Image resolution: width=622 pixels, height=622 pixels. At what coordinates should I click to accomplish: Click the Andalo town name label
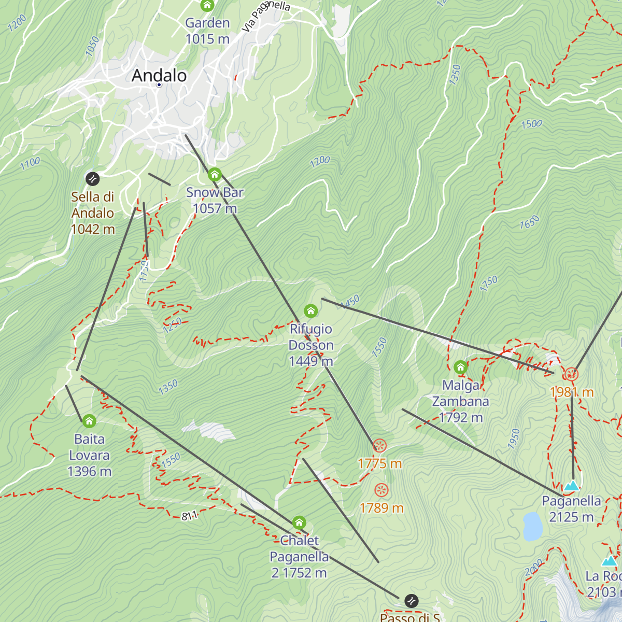pyautogui.click(x=159, y=76)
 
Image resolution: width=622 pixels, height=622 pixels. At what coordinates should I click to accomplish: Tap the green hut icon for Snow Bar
pyautogui.click(x=215, y=175)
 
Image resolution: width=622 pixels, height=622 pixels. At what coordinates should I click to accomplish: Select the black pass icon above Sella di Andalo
pyautogui.click(x=92, y=179)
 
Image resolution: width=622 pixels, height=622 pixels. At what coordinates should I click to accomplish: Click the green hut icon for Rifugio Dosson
pyautogui.click(x=310, y=311)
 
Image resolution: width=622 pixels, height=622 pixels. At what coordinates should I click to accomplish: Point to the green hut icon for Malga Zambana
pyautogui.click(x=460, y=367)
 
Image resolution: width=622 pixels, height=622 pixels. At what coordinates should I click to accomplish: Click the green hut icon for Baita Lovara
pyautogui.click(x=89, y=421)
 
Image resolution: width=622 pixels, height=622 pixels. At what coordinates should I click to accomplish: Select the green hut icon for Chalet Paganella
pyautogui.click(x=299, y=522)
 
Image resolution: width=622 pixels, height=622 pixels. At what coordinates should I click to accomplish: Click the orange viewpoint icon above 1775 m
pyautogui.click(x=380, y=446)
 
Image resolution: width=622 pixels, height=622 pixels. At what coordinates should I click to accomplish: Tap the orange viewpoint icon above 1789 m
pyautogui.click(x=381, y=490)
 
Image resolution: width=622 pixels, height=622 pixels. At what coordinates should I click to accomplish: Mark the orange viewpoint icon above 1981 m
pyautogui.click(x=571, y=374)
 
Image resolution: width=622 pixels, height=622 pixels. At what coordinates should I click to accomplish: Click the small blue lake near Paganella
pyautogui.click(x=532, y=526)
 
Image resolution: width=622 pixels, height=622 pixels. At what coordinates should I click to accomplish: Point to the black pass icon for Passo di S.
pyautogui.click(x=411, y=601)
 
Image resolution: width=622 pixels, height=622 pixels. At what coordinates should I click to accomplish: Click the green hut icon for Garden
pyautogui.click(x=207, y=6)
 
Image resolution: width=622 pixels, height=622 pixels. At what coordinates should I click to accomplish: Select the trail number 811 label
pyautogui.click(x=189, y=516)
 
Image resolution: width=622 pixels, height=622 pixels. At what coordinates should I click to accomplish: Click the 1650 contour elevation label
pyautogui.click(x=529, y=222)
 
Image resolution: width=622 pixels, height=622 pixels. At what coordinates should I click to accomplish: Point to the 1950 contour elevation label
pyautogui.click(x=513, y=439)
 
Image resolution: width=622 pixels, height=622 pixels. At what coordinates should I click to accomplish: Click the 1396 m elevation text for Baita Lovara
pyautogui.click(x=89, y=471)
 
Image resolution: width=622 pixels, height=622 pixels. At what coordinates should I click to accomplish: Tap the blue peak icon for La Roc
pyautogui.click(x=610, y=561)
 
